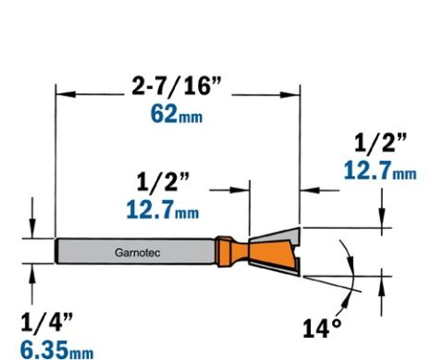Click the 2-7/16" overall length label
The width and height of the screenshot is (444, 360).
pyautogui.click(x=177, y=86)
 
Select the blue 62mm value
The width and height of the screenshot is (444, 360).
pyautogui.click(x=177, y=114)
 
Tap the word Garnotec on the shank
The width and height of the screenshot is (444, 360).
pyautogui.click(x=138, y=253)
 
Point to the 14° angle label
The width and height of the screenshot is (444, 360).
pyautogui.click(x=323, y=329)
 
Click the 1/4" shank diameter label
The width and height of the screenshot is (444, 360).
pyautogui.click(x=47, y=322)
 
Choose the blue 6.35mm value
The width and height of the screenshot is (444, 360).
pyautogui.click(x=56, y=350)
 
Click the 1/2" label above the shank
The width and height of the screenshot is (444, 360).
pyautogui.click(x=163, y=182)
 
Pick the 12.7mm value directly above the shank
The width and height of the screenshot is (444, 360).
pyautogui.click(x=163, y=209)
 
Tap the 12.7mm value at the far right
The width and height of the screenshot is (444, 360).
pyautogui.click(x=380, y=170)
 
